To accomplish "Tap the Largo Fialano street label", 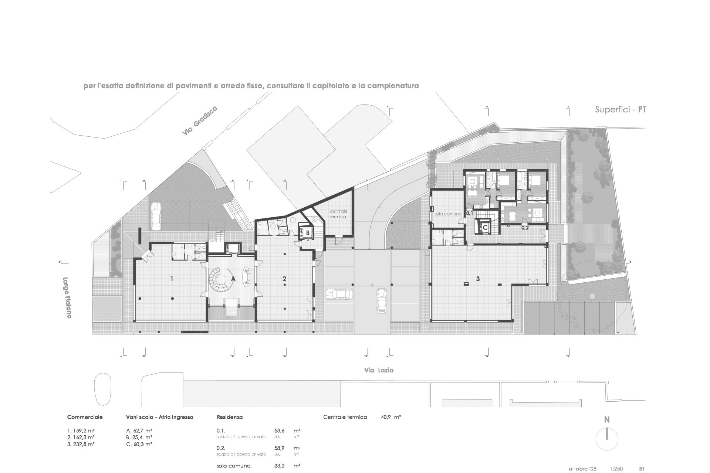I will (67, 297).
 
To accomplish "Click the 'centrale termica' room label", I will (338, 214).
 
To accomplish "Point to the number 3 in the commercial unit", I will (478, 279).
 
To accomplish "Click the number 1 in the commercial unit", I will (171, 279).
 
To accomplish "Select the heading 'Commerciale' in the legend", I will (85, 417).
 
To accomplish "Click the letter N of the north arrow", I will (606, 420).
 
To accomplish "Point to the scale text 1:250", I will (616, 469).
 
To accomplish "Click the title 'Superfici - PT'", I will (621, 110).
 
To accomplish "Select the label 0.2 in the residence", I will (525, 228).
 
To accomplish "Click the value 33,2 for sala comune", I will (279, 466).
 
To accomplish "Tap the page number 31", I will (642, 469).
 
